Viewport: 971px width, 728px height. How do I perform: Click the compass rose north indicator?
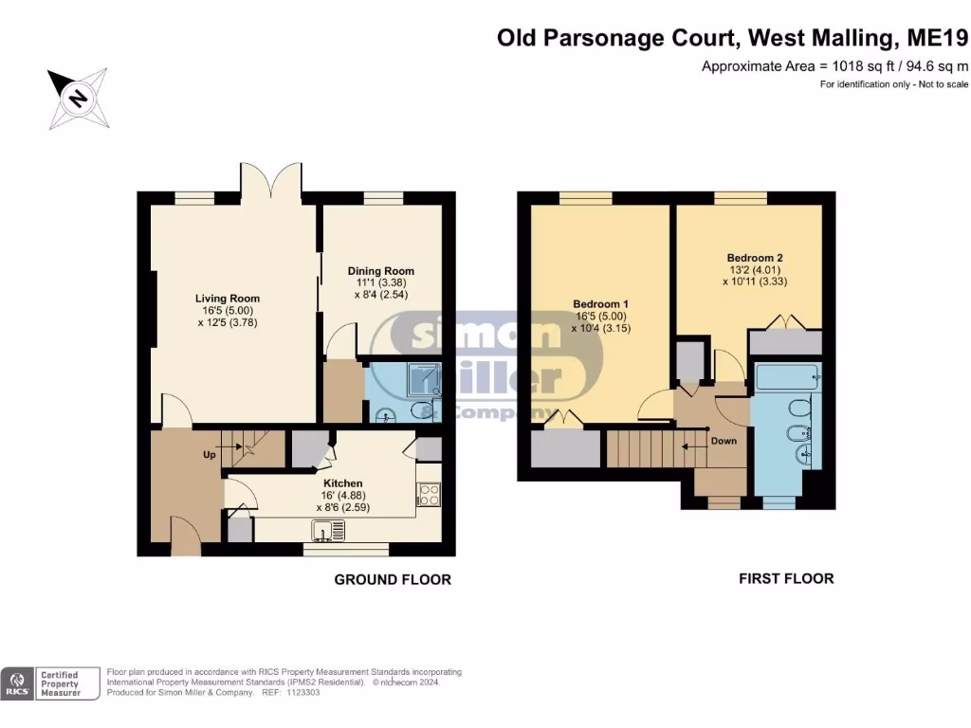coord(79,99)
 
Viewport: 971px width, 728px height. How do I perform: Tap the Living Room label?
coord(228,299)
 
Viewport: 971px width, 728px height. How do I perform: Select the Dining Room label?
coord(381,271)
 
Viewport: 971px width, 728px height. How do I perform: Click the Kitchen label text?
coord(343,483)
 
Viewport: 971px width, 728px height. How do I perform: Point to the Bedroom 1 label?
coord(600,304)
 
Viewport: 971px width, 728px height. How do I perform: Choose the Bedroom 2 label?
coord(755,258)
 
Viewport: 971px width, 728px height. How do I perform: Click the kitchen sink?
coord(328,531)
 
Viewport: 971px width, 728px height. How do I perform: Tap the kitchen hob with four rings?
coord(429,494)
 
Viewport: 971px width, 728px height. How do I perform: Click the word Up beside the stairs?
coord(210,455)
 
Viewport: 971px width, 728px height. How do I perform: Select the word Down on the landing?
coord(724,441)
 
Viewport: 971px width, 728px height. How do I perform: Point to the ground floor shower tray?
coord(424,379)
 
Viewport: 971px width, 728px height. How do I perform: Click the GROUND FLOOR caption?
coord(393,580)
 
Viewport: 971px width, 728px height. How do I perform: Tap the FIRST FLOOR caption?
coord(786,579)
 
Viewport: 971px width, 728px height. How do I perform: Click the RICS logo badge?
coord(17,684)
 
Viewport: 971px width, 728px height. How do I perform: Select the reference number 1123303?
coord(303,693)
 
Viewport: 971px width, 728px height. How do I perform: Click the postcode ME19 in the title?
coord(938,38)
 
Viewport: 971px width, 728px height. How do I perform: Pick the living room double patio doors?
coord(271,179)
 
